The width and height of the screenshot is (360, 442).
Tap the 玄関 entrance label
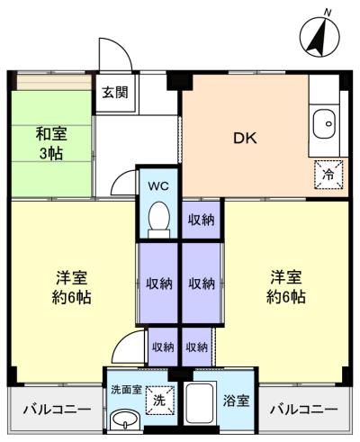point(114,92)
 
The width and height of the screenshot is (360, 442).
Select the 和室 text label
point(51,134)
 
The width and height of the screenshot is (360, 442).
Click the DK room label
point(245,138)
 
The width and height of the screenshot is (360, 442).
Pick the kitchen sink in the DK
point(324,124)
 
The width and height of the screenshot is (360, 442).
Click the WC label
point(158,187)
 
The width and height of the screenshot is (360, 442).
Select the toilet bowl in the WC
point(159,217)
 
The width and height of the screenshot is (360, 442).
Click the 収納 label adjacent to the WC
point(201,219)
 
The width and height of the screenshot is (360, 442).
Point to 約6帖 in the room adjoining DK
point(285,296)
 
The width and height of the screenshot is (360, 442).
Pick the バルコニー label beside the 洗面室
point(56,410)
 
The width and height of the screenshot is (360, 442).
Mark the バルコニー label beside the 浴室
point(305,410)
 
